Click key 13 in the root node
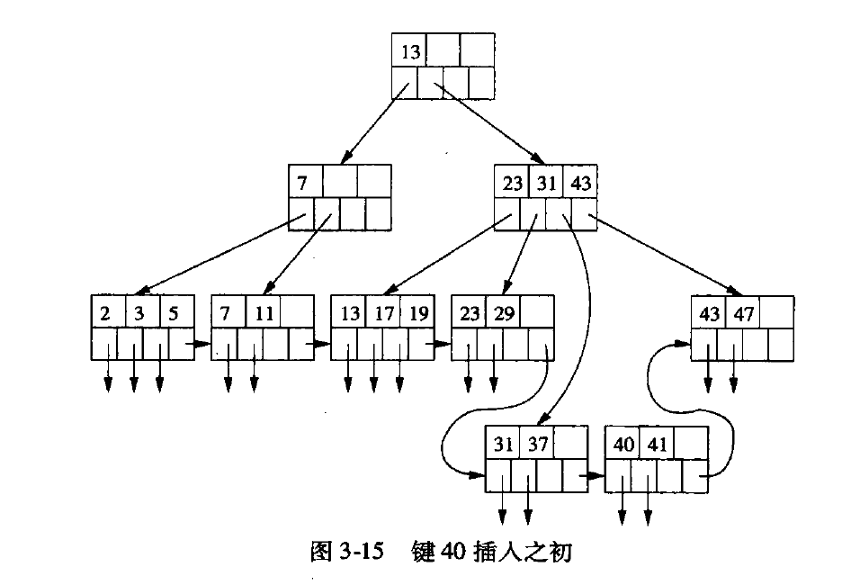point(410,52)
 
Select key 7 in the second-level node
point(303,183)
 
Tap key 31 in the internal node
point(546,183)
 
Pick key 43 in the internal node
point(580,183)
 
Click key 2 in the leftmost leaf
point(106,313)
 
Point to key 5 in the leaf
point(174,313)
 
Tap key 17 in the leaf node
point(385,313)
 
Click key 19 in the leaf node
point(418,313)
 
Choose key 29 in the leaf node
point(502,313)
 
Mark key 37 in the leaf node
point(537,445)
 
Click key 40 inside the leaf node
point(623,445)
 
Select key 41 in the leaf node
point(657,445)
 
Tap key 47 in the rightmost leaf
point(743,313)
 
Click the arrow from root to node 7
point(372,124)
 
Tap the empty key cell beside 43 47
point(777,313)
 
